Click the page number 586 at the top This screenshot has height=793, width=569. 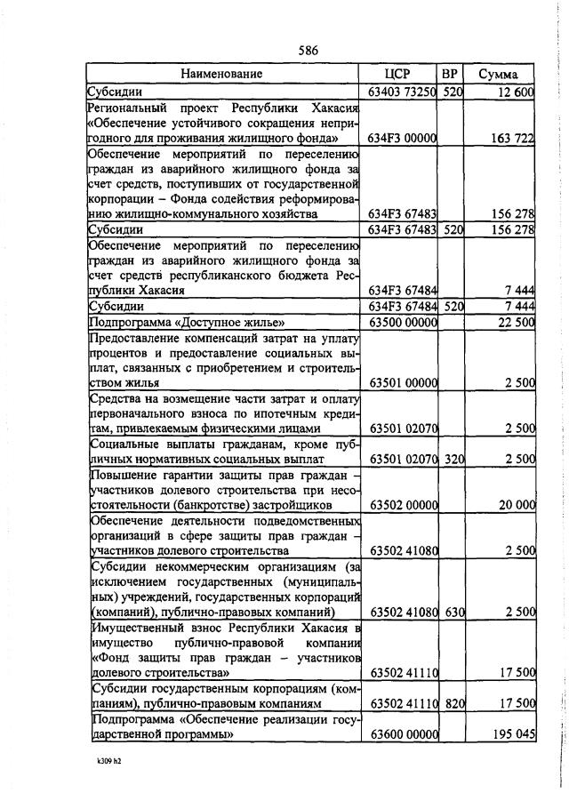[309, 50]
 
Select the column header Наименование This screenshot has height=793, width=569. [222, 74]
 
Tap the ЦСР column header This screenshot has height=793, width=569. [399, 74]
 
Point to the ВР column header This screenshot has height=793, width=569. [450, 74]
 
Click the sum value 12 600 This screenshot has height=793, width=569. [516, 92]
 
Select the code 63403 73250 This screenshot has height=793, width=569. [403, 92]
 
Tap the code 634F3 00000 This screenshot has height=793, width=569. [403, 138]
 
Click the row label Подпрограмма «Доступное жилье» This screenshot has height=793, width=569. [187, 322]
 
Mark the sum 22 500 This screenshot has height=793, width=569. [516, 322]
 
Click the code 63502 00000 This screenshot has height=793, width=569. [403, 505]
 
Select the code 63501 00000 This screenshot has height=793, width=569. [403, 382]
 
